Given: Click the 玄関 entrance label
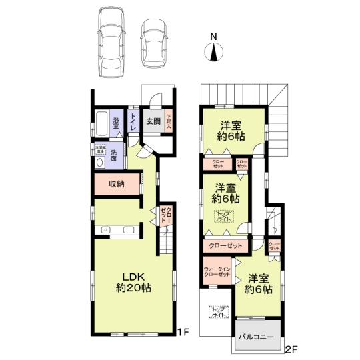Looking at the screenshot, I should coord(152,121).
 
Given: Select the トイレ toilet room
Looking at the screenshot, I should coord(134,123).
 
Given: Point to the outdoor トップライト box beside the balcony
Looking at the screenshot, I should coord(217,311).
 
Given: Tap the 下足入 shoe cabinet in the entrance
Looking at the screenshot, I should coord(169,121).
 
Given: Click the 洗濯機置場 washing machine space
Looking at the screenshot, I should coord(101,151).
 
